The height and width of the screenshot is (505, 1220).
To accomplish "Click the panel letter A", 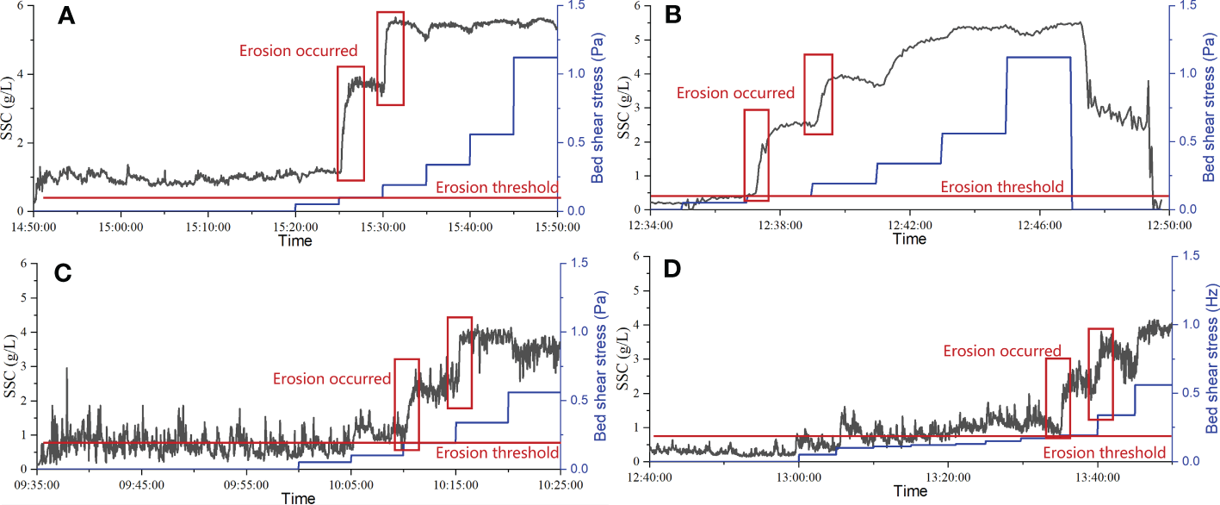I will (x=70, y=18).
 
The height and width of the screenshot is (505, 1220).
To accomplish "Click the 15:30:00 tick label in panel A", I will (x=383, y=227).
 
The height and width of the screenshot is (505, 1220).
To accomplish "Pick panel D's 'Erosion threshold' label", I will (x=1104, y=452).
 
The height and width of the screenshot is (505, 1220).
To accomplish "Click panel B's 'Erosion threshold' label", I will (x=1001, y=186).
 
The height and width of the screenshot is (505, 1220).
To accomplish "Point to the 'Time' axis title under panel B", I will (x=909, y=240).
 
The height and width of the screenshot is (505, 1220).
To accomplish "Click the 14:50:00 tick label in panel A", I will (x=34, y=227).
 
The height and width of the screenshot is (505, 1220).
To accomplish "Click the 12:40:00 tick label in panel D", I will (x=651, y=477).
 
